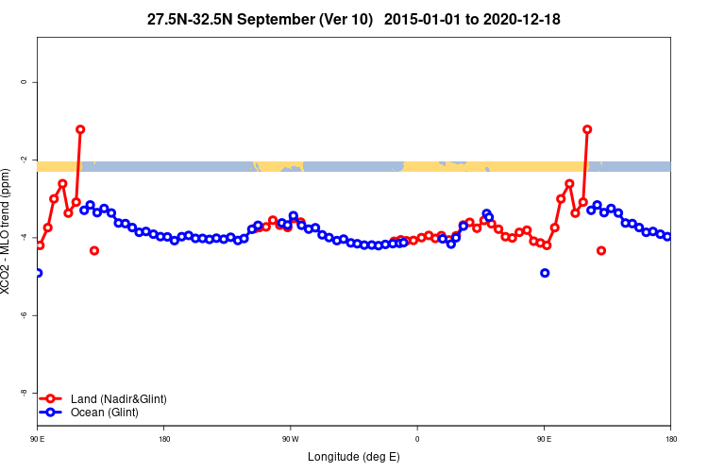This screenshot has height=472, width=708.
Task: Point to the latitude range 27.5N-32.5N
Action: (x=193, y=19)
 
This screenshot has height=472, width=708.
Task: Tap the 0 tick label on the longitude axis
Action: (x=416, y=439)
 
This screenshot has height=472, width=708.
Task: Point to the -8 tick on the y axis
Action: (x=24, y=392)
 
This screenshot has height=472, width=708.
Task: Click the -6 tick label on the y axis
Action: (x=24, y=314)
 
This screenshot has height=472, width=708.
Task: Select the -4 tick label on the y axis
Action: (x=24, y=237)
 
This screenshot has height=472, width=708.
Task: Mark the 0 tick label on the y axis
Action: (x=24, y=82)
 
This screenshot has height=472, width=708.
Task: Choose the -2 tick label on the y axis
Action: (x=24, y=160)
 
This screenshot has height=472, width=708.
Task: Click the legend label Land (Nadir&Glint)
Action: (x=118, y=399)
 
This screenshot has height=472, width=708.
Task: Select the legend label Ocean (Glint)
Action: (x=104, y=413)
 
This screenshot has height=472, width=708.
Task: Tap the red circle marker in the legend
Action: (x=53, y=399)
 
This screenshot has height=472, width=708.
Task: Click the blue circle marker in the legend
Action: (x=53, y=413)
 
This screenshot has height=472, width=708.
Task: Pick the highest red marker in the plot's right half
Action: (x=587, y=129)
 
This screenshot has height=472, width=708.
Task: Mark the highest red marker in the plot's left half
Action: (x=80, y=129)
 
